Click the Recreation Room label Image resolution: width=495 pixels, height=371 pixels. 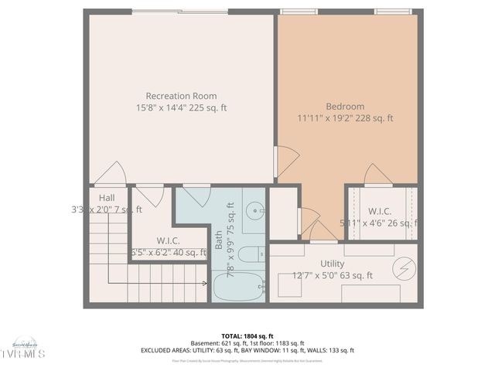(181, 96)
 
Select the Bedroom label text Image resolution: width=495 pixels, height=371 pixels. (345, 106)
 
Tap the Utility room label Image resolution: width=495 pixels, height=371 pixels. (332, 264)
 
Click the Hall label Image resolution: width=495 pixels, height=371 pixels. (106, 197)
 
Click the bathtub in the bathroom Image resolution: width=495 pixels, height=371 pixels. (238, 288)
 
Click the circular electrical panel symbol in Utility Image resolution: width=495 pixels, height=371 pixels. (404, 268)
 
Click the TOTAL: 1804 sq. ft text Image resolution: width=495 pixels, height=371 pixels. (247, 336)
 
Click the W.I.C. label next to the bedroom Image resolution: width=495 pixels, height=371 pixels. (379, 210)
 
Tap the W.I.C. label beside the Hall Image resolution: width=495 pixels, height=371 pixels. (169, 240)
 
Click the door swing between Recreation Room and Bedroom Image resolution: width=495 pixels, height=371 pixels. (287, 162)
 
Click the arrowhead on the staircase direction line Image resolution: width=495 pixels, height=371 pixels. (108, 283)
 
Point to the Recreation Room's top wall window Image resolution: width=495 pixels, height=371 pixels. (180, 12)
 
